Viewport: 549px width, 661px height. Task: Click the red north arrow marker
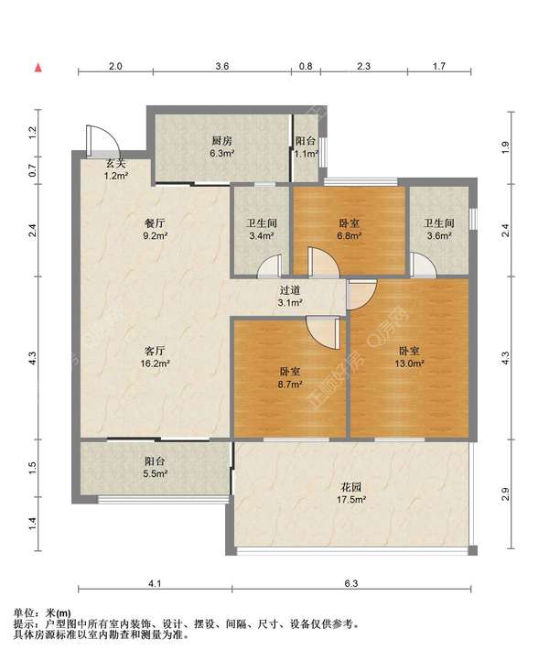pos(38,68)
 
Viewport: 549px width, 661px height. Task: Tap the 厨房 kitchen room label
pos(221,141)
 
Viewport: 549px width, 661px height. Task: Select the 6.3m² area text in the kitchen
pos(222,154)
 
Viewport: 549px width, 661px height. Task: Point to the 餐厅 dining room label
pos(155,223)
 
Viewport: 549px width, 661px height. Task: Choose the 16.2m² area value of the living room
pos(155,363)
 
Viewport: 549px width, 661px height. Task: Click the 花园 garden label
pos(351,487)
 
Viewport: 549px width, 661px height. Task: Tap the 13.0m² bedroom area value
pos(409,363)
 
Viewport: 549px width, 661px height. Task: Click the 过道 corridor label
pos(290,290)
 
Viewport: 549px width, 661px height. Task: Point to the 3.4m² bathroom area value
pos(262,236)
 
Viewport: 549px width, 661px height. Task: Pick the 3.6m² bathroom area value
pos(439,236)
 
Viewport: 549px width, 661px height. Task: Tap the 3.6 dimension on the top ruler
pos(222,66)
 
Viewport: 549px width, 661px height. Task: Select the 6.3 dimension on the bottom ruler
pos(351,583)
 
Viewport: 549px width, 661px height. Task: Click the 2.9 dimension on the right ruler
pos(505,493)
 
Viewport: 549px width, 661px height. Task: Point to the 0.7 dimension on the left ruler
pos(33,170)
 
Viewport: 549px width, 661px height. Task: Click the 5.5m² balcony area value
pos(155,474)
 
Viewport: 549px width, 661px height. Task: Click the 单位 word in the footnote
pos(24,612)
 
